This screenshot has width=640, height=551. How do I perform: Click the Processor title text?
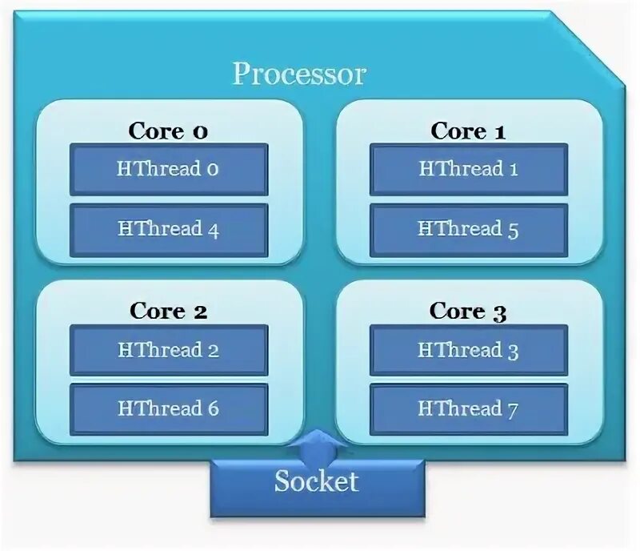click(299, 74)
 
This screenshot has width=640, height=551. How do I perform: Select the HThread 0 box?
click(169, 169)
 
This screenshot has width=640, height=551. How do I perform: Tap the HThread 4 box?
click(169, 229)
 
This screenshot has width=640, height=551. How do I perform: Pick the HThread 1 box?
click(469, 169)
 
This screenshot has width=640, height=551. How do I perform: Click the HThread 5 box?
click(469, 229)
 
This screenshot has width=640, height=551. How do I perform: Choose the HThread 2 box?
click(169, 350)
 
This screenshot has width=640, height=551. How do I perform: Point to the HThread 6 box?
click(169, 408)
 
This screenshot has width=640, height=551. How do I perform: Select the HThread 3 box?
click(469, 350)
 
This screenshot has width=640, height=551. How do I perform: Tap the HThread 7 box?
click(469, 408)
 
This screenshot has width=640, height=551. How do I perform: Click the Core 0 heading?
click(168, 131)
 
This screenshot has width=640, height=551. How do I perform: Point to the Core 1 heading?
click(468, 131)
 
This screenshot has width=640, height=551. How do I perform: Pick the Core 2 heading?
click(168, 312)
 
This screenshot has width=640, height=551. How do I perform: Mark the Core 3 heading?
click(468, 312)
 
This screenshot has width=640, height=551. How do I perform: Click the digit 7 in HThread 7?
click(512, 411)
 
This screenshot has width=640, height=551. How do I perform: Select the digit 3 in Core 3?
click(500, 313)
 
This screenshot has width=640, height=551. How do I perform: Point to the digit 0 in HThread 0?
click(213, 170)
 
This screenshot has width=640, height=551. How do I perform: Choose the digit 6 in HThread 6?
click(213, 408)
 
